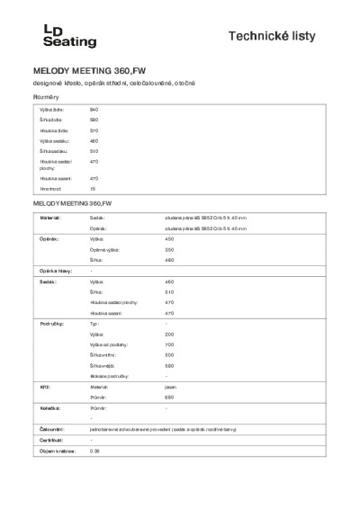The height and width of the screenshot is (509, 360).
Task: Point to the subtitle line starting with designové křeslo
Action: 113,83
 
